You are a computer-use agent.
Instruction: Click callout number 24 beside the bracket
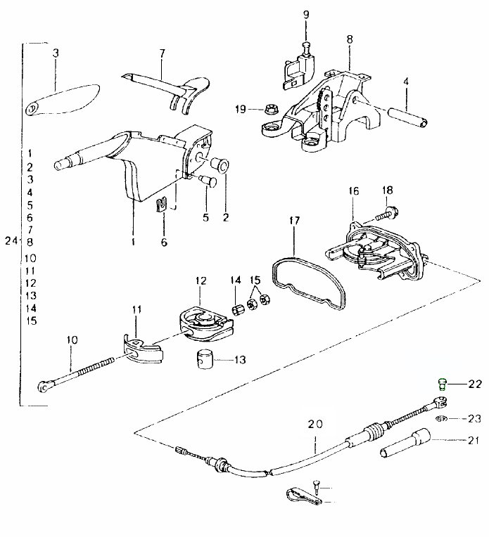point(9,242)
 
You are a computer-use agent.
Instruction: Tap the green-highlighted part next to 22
point(442,384)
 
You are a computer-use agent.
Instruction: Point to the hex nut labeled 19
point(270,109)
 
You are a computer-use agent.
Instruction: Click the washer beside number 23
point(440,419)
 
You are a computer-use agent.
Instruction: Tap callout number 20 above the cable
point(315,424)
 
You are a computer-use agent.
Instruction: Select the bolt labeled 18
point(384,209)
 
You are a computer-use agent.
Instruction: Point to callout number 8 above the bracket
point(349,39)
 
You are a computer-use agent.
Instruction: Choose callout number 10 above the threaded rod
point(71,340)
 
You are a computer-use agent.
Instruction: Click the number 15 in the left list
point(30,321)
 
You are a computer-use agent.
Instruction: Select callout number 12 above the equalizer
point(201,281)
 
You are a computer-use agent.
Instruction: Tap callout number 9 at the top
point(306,15)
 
